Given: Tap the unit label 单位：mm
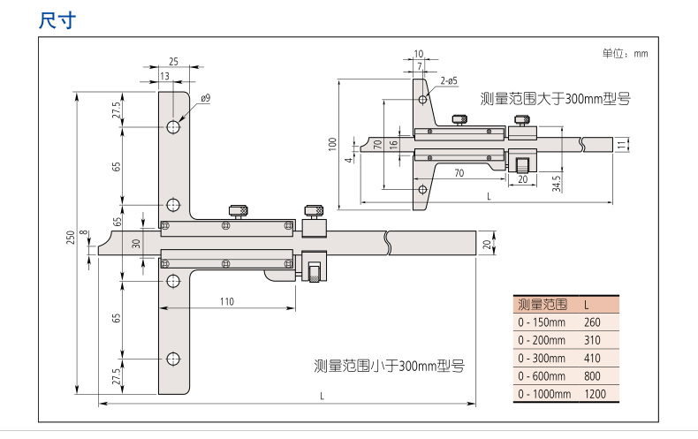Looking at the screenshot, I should pos(625,54).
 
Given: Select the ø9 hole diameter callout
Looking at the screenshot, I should pos(205,99).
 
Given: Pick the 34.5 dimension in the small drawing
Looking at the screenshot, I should pos(557,184).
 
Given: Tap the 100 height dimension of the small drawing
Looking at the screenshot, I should pos(332,143).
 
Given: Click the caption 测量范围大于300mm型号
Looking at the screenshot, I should pos(555,99).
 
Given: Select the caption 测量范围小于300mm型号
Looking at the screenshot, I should pos(390,365).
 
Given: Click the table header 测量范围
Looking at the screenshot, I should pos(542,304).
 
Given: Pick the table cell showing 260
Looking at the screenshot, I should pos(592,322).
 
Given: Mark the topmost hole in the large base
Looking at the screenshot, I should pos(173,126).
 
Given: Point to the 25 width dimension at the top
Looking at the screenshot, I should pos(173,62).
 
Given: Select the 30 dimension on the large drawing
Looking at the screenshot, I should pos(135,244).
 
